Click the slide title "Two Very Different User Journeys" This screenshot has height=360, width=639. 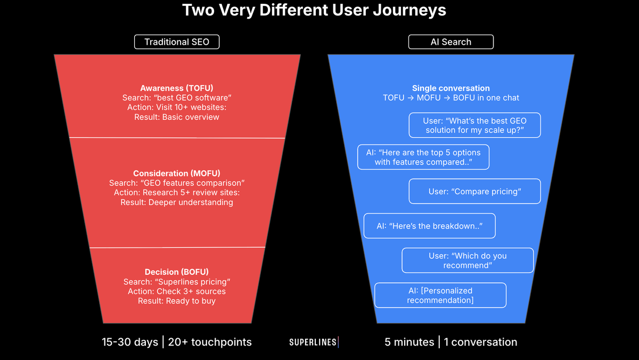[x=314, y=11]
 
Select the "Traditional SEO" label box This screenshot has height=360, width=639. [x=176, y=42]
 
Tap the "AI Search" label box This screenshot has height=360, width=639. [x=450, y=42]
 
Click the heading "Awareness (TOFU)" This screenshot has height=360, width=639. [x=177, y=88]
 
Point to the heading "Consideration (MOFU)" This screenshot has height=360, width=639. [x=177, y=174]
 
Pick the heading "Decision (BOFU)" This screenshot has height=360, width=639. [x=177, y=272]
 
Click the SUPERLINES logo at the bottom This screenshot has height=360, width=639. [x=313, y=342]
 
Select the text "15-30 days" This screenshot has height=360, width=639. [x=130, y=342]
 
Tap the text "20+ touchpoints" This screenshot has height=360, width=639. [x=209, y=342]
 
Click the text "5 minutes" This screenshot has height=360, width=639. [x=409, y=342]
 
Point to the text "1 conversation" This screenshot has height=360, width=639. [x=480, y=342]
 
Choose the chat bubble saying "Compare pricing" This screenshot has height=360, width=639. [x=474, y=192]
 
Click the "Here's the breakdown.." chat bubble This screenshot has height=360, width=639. [x=429, y=226]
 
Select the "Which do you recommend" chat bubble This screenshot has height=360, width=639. [x=468, y=260]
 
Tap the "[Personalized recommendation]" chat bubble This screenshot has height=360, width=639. [x=440, y=295]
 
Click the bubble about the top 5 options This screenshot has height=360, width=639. [x=423, y=157]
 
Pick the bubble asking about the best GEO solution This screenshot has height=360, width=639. [x=475, y=125]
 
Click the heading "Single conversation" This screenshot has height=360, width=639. [x=450, y=88]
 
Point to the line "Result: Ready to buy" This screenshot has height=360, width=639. [x=177, y=301]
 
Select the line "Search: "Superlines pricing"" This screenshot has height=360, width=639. [x=177, y=282]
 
